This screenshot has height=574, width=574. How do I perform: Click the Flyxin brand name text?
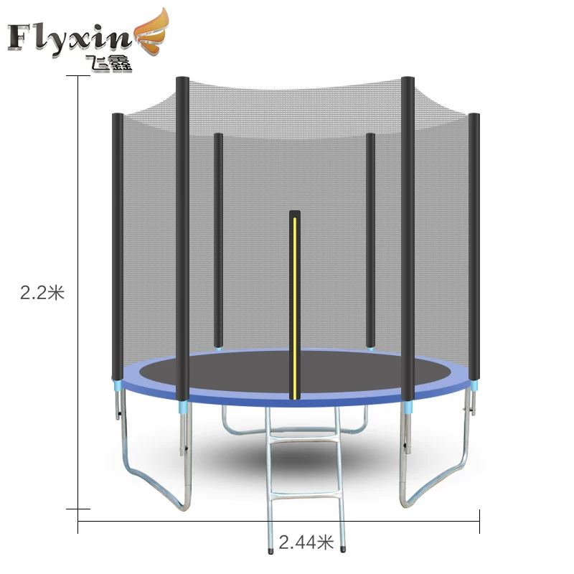[70, 39]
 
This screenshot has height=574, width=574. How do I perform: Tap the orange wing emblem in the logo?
[153, 34]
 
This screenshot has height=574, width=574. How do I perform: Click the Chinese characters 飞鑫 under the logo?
[108, 64]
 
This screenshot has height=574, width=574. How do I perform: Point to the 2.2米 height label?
[42, 293]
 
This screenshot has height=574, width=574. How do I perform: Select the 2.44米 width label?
[306, 542]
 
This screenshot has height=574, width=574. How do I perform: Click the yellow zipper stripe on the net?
[295, 308]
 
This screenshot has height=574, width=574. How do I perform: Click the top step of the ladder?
[303, 438]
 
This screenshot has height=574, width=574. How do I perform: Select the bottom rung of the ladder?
[306, 496]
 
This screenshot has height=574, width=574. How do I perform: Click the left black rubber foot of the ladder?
[271, 551]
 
